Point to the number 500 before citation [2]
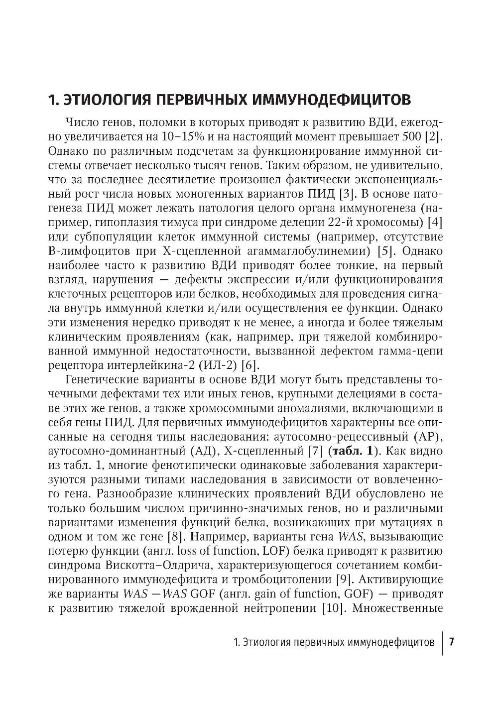coord(415,136)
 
